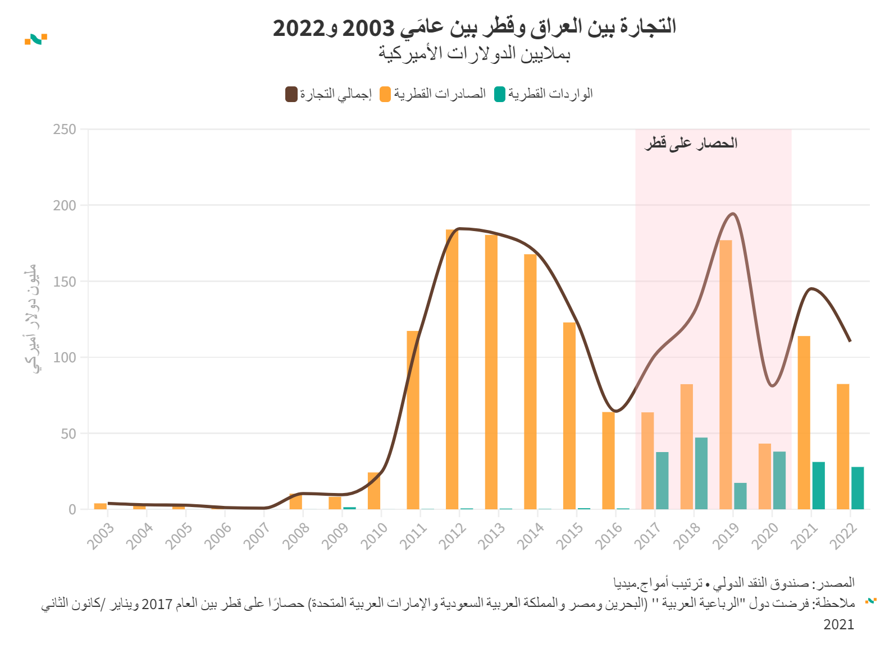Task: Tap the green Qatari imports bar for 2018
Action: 701,473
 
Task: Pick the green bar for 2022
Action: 857,488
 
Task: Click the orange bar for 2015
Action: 569,416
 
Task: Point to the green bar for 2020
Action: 779,480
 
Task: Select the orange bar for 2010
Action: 374,491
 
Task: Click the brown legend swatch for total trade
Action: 291,94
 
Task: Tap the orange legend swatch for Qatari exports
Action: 385,94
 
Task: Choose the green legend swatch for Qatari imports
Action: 500,94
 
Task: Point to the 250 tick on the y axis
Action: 65,130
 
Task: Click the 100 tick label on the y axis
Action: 65,357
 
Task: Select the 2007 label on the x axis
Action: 257,536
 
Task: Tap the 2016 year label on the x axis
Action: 609,536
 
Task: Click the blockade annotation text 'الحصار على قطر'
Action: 691,144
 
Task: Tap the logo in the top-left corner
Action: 36,39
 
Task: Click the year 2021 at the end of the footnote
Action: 838,625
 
